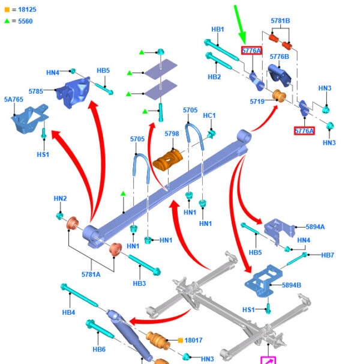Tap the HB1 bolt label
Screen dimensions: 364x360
coord(217,29)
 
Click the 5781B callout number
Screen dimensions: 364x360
coord(280,21)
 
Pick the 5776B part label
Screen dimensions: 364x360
coord(279,56)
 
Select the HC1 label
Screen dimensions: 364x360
coord(209,115)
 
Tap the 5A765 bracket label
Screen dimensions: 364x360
coord(14,100)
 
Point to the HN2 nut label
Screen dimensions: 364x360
coord(60,198)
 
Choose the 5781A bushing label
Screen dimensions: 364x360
coord(92,275)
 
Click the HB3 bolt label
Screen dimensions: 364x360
coord(139,283)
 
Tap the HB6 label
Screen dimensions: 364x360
coord(99,350)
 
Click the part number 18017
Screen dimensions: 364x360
coord(194,341)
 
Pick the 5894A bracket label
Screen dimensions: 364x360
coord(315,226)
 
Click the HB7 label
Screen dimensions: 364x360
coord(328,255)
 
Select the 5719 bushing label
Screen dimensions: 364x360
coord(257,102)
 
